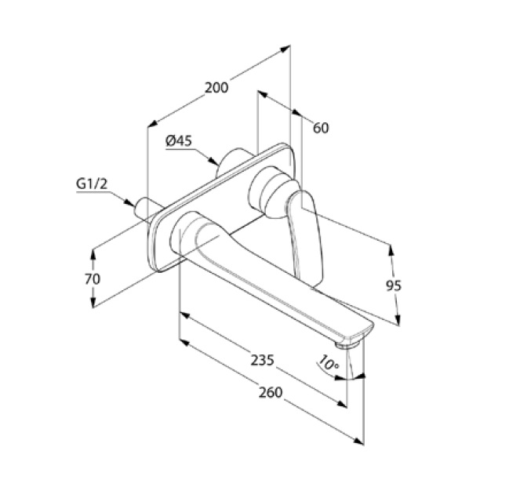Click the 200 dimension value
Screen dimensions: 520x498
point(216,88)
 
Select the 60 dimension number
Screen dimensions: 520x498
point(321,128)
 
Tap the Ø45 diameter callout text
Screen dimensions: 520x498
point(179,141)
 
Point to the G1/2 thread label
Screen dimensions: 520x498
point(92,184)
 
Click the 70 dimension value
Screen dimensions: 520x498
point(93,279)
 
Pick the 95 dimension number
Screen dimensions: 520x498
point(394,285)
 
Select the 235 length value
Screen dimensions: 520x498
point(262,360)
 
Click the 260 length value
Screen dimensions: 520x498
point(271,393)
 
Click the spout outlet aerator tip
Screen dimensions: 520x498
point(347,345)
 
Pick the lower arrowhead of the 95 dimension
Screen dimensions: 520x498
point(398,320)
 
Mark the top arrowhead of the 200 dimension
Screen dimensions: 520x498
point(285,49)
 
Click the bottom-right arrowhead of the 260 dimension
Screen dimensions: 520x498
point(358,442)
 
